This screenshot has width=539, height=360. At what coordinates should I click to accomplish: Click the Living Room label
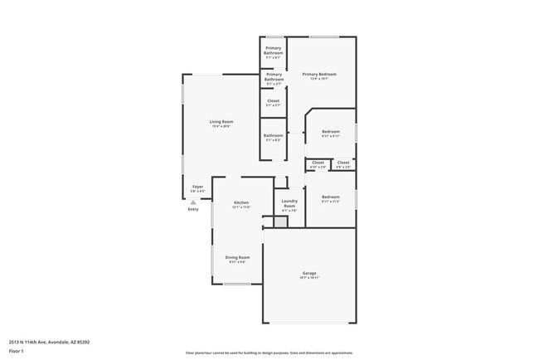[x=221, y=122]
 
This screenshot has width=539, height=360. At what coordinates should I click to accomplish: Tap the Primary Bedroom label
[x=319, y=75]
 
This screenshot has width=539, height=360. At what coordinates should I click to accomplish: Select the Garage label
[x=308, y=273]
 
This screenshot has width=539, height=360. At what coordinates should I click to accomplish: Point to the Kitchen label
[x=241, y=202]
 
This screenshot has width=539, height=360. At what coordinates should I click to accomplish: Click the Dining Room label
[x=237, y=257]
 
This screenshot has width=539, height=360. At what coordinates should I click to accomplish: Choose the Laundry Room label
[x=289, y=202]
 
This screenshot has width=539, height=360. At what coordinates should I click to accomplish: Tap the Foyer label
[x=197, y=187]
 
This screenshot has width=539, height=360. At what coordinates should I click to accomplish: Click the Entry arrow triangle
[x=193, y=202]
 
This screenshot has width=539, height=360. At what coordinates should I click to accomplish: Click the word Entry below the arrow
[x=193, y=209]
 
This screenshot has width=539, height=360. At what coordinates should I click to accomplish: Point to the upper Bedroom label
[x=331, y=131]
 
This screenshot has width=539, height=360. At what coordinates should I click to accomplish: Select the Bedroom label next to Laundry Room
[x=331, y=197]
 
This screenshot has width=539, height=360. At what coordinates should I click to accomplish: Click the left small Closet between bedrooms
[x=318, y=163]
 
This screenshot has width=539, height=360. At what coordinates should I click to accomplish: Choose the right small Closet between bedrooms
[x=342, y=163]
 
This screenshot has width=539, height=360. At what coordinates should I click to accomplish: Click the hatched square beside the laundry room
[x=269, y=221]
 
